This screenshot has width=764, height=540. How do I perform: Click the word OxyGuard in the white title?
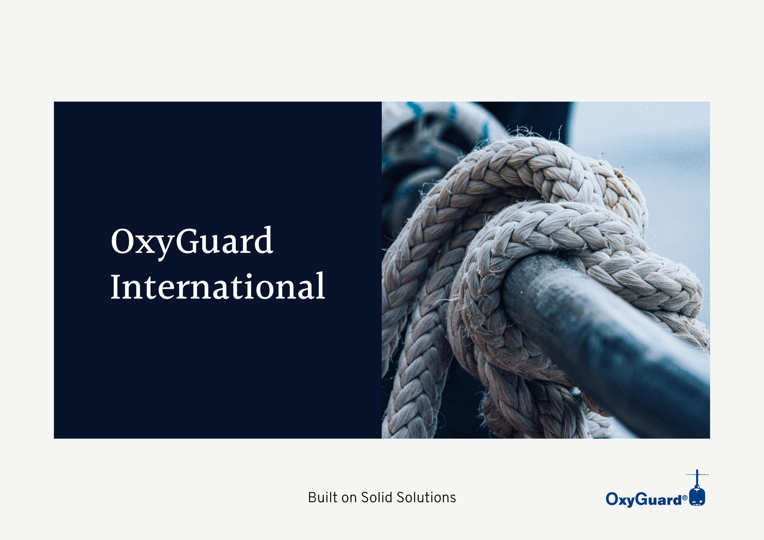click(x=192, y=241)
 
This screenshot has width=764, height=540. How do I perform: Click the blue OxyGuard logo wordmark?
click(x=644, y=500)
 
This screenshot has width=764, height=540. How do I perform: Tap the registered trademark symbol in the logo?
click(x=685, y=498)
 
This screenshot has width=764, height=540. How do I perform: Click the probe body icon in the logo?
click(x=697, y=497)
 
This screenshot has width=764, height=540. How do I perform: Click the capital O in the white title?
click(x=123, y=241)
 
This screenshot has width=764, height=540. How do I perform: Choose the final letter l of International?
click(x=321, y=285)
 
